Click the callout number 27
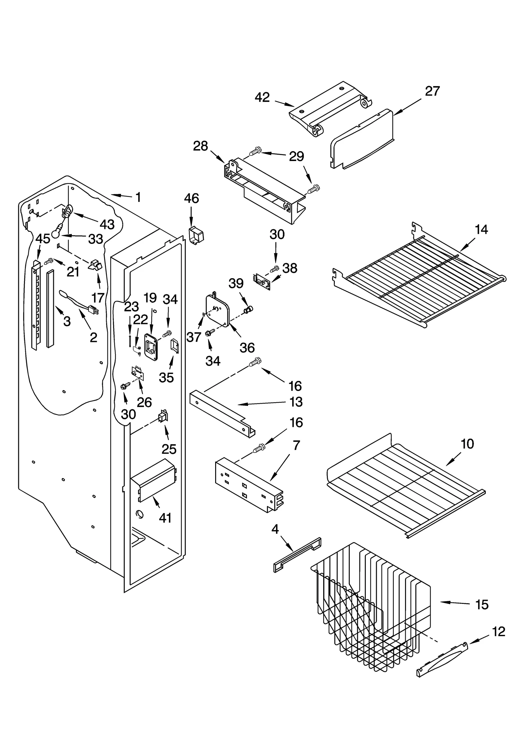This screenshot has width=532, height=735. coord(432,91)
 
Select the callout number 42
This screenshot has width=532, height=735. coord(262,97)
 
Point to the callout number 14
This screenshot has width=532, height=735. coord(481,230)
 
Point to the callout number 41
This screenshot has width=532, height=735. coord(165,518)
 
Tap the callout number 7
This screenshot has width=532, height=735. coord(296,445)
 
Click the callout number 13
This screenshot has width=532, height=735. coord(296,402)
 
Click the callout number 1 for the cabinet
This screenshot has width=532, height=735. coord(138,197)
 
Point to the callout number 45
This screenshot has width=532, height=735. coord(43,238)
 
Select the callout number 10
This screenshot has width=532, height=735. coord(467,444)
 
